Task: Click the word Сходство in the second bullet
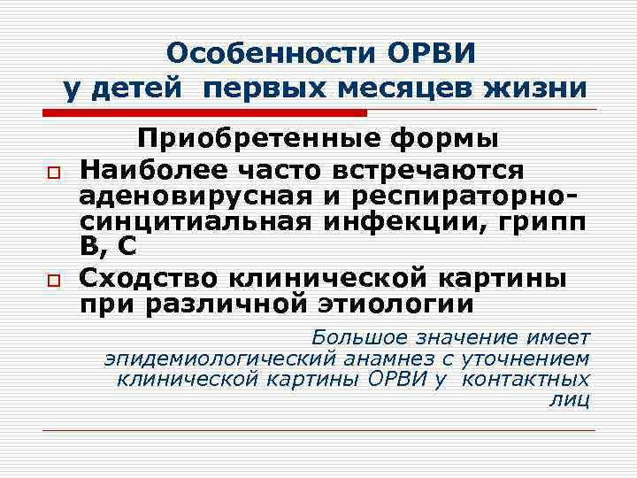click(148, 277)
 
